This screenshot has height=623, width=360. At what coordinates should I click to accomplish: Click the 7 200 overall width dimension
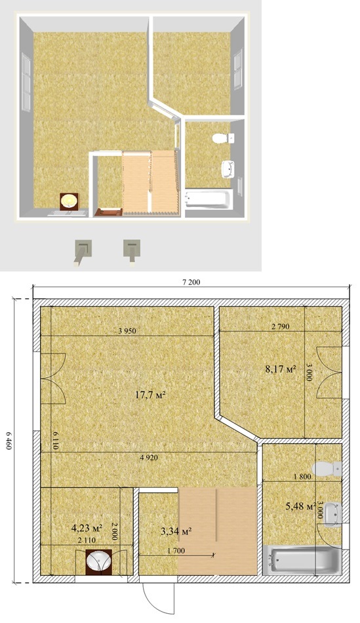point(191,283)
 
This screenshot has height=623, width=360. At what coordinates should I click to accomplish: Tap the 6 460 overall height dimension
point(9,441)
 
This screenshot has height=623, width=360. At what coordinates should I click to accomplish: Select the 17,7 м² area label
point(150,395)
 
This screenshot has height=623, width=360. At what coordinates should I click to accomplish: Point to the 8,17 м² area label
point(281,369)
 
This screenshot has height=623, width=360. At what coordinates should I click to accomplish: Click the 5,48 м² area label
point(301,506)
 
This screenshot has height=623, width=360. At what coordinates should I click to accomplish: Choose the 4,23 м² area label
point(87,529)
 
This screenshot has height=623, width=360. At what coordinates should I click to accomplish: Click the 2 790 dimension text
point(281,327)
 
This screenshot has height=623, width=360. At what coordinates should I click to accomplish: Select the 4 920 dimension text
point(149,457)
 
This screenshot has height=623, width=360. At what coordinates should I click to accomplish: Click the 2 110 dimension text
point(86,540)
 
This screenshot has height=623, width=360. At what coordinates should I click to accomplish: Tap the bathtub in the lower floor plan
point(302,560)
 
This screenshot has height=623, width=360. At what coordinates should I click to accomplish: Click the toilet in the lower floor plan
point(327,469)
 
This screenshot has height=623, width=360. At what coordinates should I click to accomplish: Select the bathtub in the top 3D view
point(209,199)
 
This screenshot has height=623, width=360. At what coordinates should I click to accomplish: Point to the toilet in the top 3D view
point(223,138)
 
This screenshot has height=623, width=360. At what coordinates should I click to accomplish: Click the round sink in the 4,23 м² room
point(98,561)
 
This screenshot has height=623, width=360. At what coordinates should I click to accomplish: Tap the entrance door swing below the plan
point(159,597)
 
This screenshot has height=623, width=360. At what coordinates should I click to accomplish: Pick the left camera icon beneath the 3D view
point(83,252)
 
